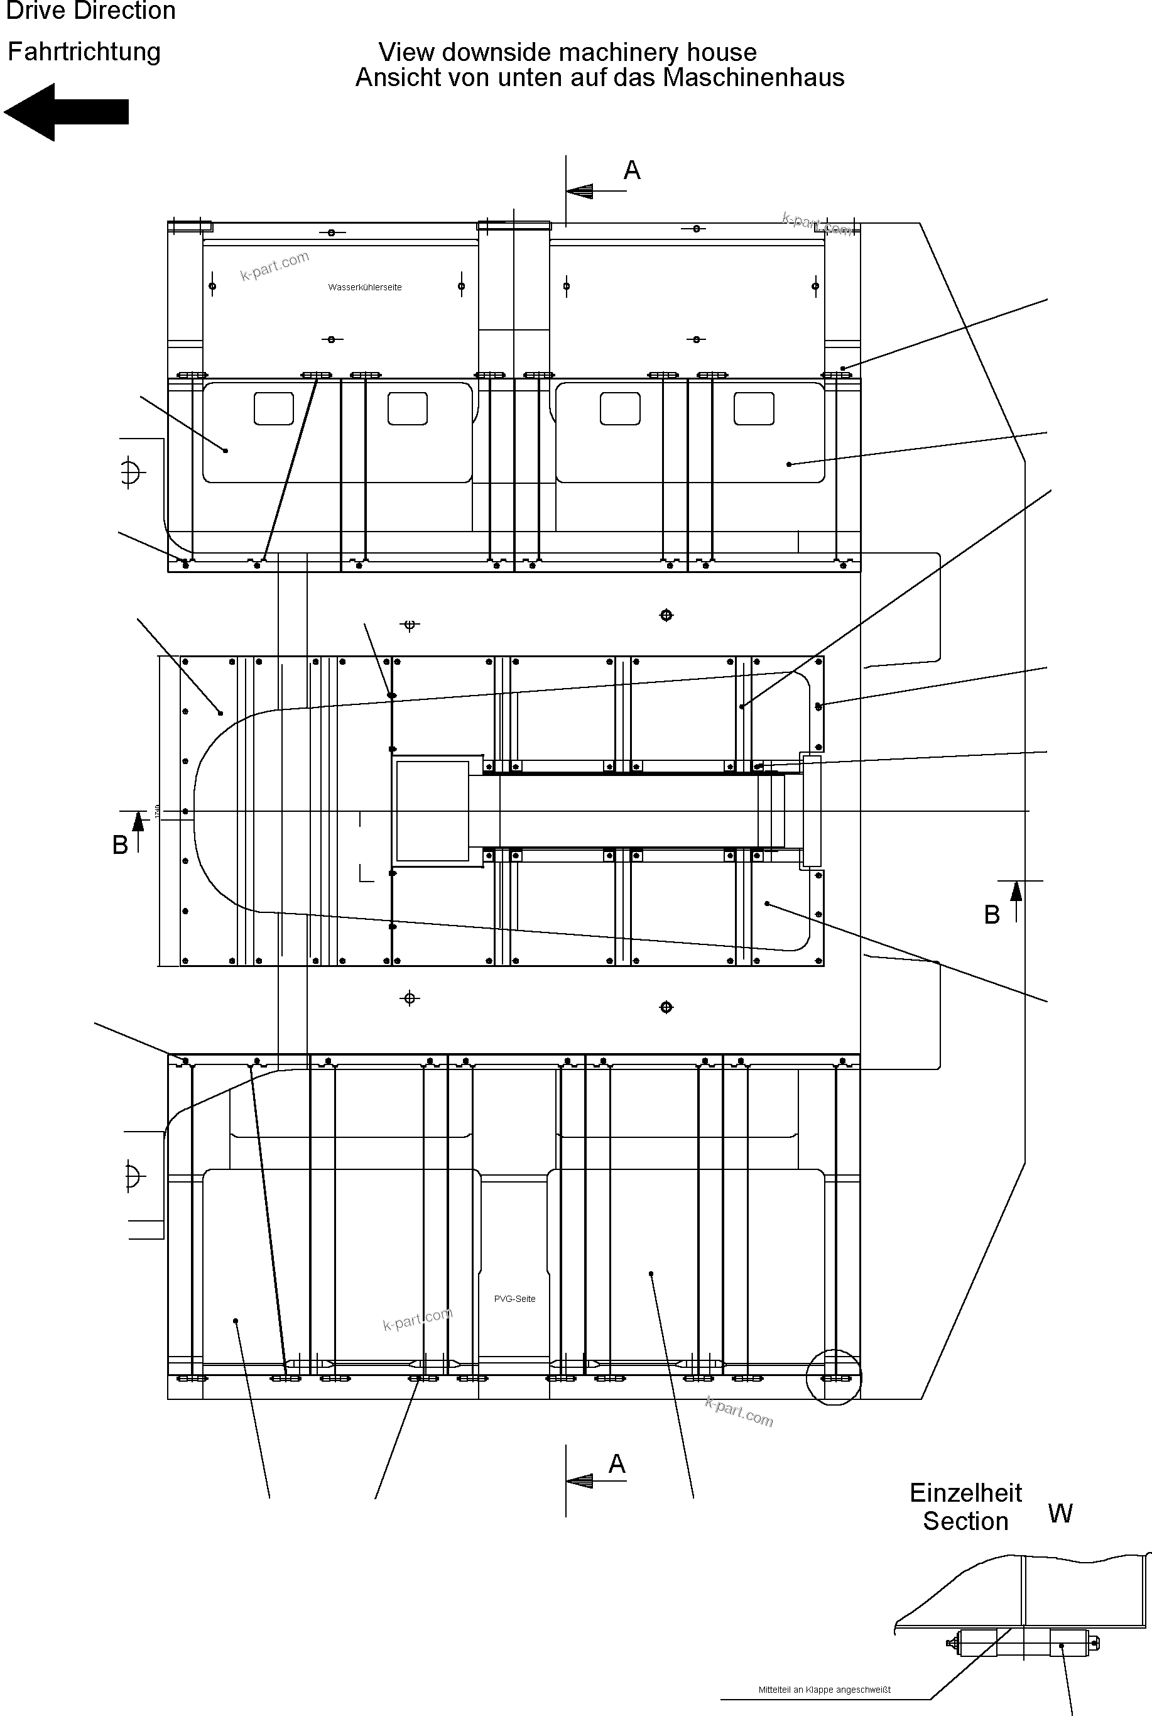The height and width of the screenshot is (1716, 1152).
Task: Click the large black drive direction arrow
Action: (x=66, y=112)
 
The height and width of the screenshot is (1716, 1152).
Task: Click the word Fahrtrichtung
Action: (x=84, y=52)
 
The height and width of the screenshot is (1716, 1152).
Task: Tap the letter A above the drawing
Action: (x=632, y=170)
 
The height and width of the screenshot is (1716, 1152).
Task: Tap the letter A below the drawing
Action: (x=617, y=1464)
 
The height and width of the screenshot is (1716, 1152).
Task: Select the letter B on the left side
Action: (x=120, y=845)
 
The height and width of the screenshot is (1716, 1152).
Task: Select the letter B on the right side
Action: (x=992, y=915)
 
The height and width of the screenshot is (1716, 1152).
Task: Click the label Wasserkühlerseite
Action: (x=364, y=287)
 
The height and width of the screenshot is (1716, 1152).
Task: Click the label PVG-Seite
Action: (x=514, y=1299)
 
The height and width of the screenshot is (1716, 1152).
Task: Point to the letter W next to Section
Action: (x=1060, y=1513)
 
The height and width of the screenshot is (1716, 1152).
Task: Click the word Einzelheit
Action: (x=965, y=1492)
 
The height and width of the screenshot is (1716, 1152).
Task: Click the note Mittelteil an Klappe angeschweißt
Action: (x=823, y=1690)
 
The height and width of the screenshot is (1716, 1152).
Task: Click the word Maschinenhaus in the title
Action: (x=753, y=78)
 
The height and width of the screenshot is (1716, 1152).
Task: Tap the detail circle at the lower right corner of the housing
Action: (x=833, y=1377)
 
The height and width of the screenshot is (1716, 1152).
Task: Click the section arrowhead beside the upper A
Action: (x=580, y=191)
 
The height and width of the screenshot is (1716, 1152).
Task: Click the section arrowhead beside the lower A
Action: (x=580, y=1480)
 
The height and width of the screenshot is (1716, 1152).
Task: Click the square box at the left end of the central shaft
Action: (x=432, y=811)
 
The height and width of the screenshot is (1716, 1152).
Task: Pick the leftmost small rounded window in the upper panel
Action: (x=273, y=408)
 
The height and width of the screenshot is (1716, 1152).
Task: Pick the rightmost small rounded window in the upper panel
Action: (x=754, y=408)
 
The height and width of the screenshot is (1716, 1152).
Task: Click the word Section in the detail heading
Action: (x=965, y=1521)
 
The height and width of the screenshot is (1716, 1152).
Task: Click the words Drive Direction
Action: (x=90, y=11)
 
